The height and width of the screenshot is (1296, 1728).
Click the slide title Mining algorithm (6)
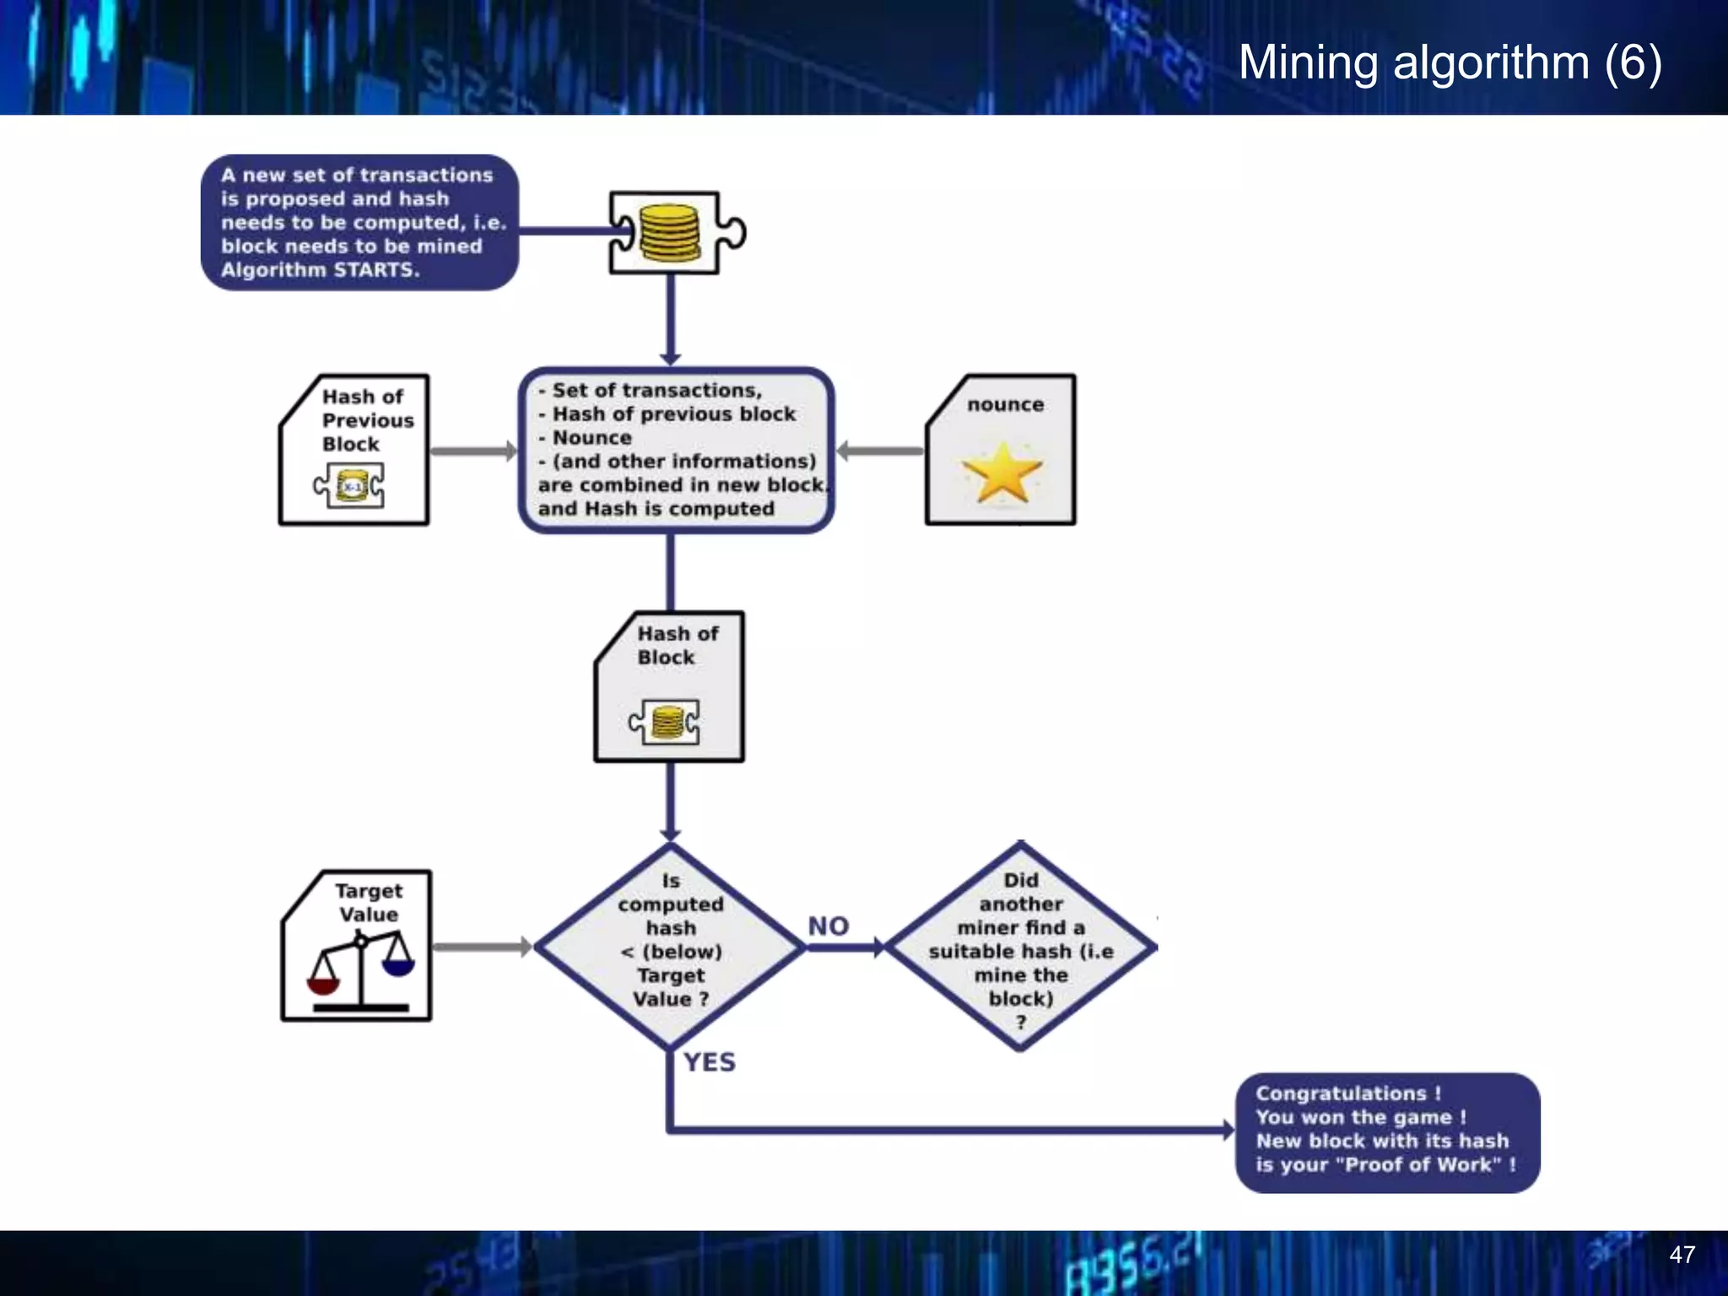1450,62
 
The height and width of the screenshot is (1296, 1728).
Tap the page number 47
1682,1255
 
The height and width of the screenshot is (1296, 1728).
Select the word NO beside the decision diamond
828,926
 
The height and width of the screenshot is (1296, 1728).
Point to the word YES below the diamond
709,1061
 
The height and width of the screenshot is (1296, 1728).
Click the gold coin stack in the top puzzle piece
669,233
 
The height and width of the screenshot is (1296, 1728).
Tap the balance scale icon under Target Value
361,970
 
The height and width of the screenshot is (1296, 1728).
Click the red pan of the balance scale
323,985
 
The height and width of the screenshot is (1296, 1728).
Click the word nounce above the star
1005,405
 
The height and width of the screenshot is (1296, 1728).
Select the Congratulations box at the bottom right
1386,1131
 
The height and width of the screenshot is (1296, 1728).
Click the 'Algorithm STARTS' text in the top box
320,270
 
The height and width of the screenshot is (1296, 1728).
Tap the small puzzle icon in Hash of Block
665,722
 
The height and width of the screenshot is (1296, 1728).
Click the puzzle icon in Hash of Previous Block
349,486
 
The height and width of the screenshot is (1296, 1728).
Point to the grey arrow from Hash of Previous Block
472,451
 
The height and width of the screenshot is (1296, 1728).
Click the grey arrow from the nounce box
880,451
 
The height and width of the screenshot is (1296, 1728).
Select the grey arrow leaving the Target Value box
481,947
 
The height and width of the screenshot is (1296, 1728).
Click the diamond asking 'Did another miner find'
1020,948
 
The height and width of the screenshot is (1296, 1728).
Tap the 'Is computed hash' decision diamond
670,948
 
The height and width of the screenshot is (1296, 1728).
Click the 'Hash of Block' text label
677,645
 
